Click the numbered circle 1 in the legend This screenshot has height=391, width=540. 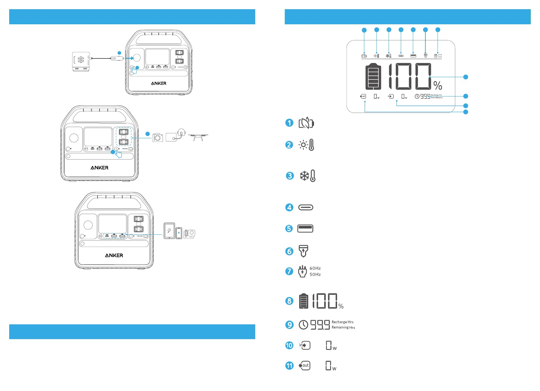[289, 123]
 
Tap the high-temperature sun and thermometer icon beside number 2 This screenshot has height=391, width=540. [306, 145]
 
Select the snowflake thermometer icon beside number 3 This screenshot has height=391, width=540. [307, 176]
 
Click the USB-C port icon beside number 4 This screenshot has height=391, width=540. [306, 207]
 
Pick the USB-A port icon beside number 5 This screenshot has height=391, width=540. [305, 228]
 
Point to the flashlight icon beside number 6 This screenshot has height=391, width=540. [303, 251]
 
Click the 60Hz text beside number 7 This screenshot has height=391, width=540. [315, 268]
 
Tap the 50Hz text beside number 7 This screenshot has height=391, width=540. [315, 274]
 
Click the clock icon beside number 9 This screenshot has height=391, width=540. [303, 325]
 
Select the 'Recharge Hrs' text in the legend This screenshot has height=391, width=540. [343, 322]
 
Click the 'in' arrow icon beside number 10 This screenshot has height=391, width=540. [304, 345]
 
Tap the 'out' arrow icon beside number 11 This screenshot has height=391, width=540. [304, 365]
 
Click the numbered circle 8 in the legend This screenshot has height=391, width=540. [289, 301]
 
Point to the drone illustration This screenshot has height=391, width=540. [198, 137]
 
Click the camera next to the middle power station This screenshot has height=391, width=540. [158, 137]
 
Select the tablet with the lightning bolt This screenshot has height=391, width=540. [169, 231]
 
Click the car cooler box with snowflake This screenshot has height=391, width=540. [81, 61]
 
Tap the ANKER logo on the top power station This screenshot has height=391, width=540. [159, 83]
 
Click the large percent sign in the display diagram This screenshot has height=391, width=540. [438, 85]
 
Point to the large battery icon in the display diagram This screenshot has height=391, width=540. [373, 76]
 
